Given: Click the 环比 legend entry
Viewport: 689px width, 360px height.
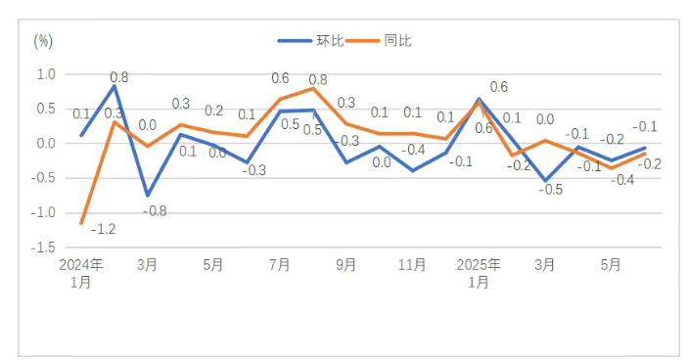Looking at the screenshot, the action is (310, 41).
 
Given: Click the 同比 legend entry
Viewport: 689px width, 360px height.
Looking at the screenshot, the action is (379, 41).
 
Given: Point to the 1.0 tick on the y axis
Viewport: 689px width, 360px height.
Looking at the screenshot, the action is (46, 74).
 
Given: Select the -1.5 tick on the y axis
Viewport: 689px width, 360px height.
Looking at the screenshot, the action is (43, 247).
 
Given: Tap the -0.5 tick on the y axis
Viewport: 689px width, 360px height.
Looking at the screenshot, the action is (43, 178).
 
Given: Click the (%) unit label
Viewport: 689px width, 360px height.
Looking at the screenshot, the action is (43, 42).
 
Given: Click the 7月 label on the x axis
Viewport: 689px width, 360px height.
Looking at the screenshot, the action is (280, 265).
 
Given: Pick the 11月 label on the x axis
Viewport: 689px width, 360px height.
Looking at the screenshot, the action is (412, 265).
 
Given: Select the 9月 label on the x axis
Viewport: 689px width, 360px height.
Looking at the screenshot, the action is (345, 265).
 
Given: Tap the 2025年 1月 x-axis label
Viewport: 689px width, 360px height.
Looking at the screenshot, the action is (479, 273).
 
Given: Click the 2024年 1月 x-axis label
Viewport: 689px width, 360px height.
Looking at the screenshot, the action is (81, 273).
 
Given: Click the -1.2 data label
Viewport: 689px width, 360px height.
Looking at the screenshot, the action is (104, 229).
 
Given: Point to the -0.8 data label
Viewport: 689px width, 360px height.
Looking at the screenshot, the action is (155, 211).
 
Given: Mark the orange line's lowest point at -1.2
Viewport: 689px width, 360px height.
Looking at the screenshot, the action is (81, 223).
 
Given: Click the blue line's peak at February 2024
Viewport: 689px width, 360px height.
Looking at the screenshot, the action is (115, 86).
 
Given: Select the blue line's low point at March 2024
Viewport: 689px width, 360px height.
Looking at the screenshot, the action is (148, 196).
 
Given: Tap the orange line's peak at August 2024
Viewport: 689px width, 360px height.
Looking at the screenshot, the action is (313, 89).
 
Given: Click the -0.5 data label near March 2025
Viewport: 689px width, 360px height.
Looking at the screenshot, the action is (551, 190).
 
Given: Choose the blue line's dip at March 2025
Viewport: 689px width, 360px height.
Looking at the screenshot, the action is (545, 180).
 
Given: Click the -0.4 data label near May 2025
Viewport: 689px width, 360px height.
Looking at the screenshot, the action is (622, 180).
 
